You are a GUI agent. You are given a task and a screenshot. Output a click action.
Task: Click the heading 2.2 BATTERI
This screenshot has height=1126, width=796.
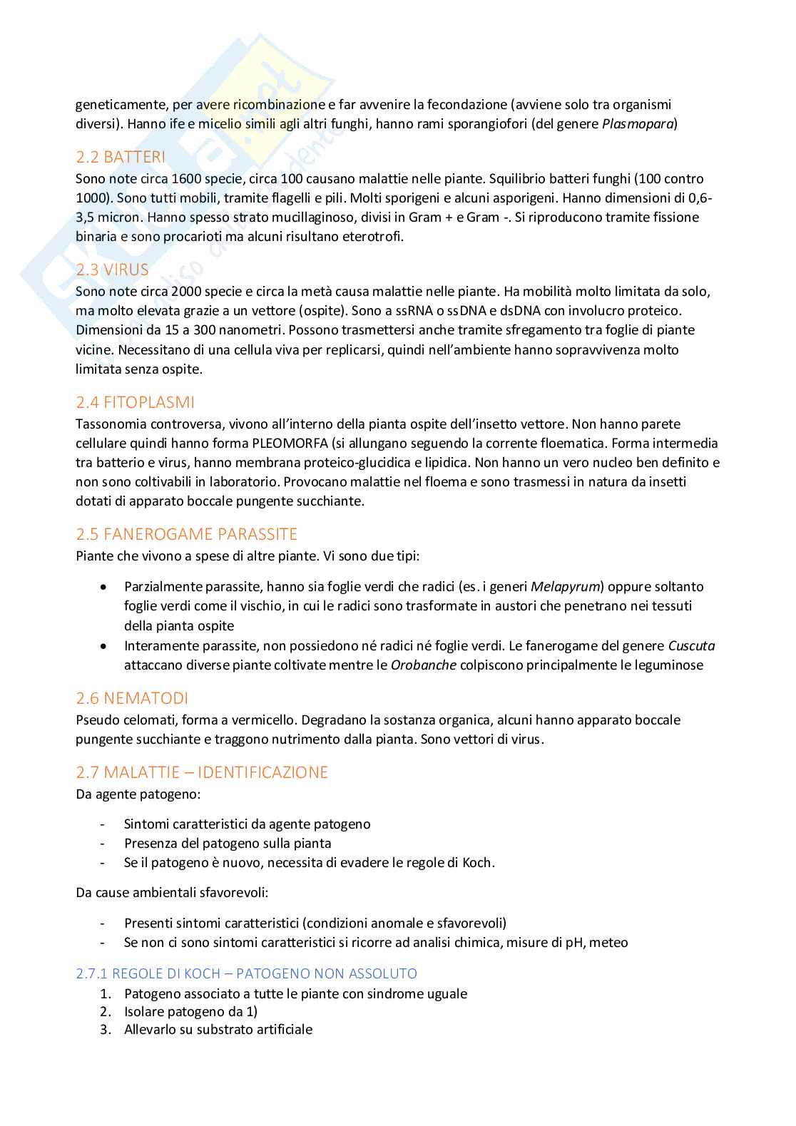pos(120,158)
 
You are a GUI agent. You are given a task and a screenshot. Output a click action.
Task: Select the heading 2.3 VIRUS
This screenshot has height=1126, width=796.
pos(112,270)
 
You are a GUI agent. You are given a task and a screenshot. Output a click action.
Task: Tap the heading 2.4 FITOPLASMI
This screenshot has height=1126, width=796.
pos(135,402)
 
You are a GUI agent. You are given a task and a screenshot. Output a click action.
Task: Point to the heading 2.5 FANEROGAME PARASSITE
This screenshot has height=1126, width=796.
pos(186,534)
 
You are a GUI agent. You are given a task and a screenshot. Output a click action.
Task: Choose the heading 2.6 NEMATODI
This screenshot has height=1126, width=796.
pos(132,698)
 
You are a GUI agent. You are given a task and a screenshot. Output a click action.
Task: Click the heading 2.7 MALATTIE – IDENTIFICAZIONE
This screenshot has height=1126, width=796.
pos(202,772)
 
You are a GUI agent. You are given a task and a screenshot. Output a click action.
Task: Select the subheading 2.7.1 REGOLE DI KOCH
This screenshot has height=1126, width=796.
pos(246,973)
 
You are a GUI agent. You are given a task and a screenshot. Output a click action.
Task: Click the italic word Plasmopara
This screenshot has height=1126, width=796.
pos(639,124)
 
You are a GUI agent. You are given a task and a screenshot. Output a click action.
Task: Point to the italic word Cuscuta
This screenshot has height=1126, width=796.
pos(691,646)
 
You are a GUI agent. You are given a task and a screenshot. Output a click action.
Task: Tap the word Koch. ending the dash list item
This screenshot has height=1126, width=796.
pos(478,862)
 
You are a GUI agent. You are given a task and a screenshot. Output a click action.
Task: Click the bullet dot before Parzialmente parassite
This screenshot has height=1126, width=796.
pos(105,587)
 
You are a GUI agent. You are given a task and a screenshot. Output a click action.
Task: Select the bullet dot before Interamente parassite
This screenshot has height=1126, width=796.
pos(105,646)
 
